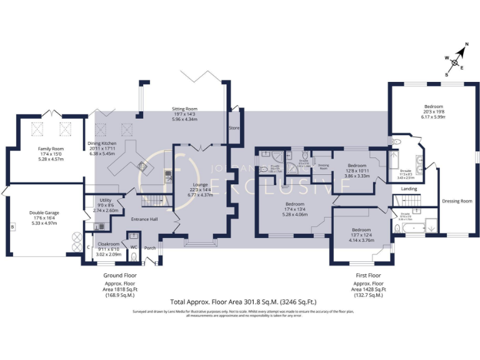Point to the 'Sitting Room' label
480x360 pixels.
[184, 109]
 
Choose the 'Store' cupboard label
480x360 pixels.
[234, 128]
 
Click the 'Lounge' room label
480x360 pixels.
[201, 185]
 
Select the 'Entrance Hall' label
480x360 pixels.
[144, 219]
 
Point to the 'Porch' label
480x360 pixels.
[150, 248]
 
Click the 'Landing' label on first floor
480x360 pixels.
[409, 188]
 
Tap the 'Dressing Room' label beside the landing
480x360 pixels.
[457, 201]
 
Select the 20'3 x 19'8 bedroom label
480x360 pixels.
[432, 106]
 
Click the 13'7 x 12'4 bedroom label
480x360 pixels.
[361, 229]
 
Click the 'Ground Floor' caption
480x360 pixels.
[119, 275]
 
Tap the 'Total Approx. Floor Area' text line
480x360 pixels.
[239, 301]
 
